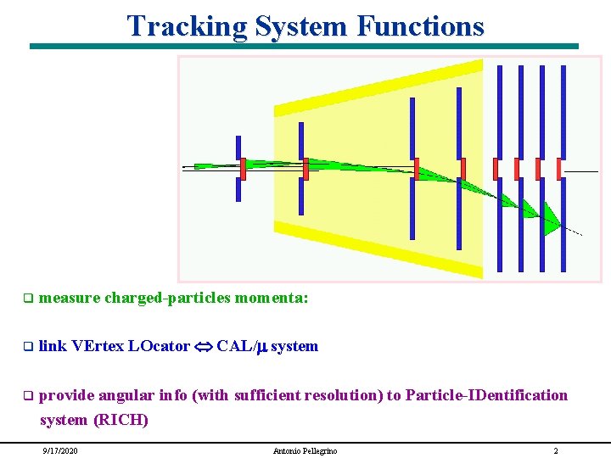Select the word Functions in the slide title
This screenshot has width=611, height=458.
[x=420, y=25]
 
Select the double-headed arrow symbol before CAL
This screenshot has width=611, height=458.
[x=204, y=346]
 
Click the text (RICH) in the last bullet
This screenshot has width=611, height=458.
[x=121, y=419]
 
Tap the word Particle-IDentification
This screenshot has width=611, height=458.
[x=486, y=394]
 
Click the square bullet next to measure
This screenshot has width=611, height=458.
[x=27, y=299]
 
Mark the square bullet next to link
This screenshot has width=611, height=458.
[x=27, y=346]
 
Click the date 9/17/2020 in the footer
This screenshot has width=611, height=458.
[x=59, y=450]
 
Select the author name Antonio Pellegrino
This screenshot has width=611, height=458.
[x=305, y=450]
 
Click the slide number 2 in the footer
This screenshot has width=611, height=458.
[x=555, y=450]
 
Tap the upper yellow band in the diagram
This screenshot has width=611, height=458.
[x=378, y=88]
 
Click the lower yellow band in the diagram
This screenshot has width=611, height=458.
[x=378, y=249]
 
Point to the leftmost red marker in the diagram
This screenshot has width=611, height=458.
[x=243, y=169]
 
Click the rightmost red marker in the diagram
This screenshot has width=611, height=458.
[x=559, y=169]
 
